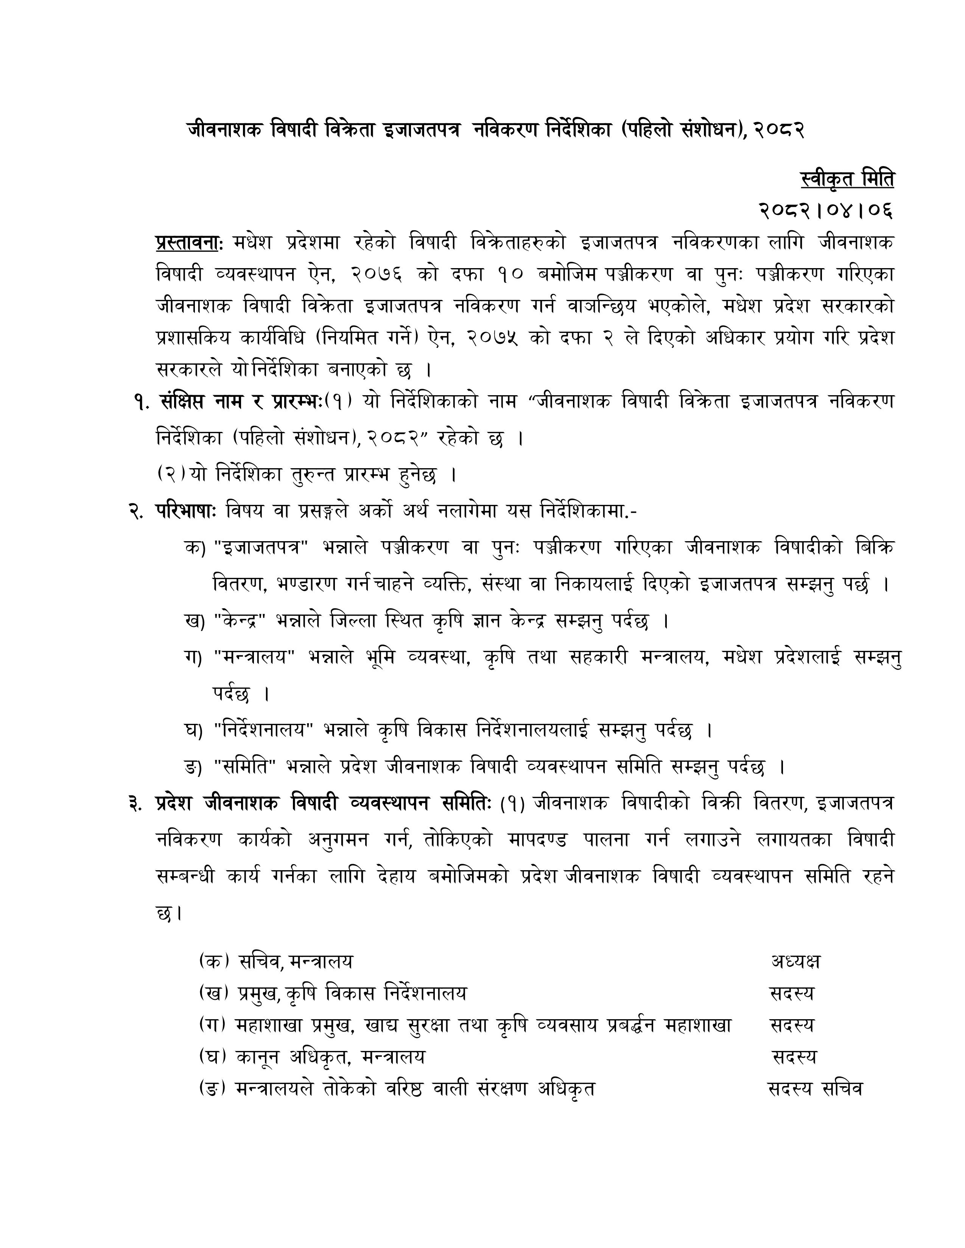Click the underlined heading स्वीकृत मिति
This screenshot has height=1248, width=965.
(x=847, y=179)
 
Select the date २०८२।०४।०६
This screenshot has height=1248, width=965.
(x=825, y=211)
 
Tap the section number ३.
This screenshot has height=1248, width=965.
(x=135, y=803)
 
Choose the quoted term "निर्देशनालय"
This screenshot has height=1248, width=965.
(x=263, y=730)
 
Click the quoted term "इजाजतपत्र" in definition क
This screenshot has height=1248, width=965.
(x=261, y=548)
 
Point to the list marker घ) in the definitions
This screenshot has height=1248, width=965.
(x=194, y=730)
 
